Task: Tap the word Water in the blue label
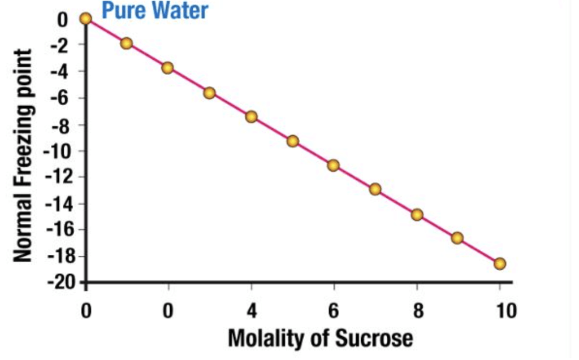[x=178, y=10]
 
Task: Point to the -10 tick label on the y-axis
[x=57, y=151]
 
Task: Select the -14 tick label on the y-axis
[x=57, y=203]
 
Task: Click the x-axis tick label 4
[x=252, y=310]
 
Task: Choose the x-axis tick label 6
[x=334, y=310]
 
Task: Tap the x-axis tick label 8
[x=417, y=310]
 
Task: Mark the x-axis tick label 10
[x=499, y=310]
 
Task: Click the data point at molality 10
[x=499, y=263]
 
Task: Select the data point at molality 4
[x=252, y=117]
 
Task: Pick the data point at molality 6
[x=334, y=166]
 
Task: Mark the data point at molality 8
[x=417, y=215]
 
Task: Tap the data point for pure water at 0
[x=85, y=19]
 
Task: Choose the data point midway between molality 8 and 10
[x=457, y=238]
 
